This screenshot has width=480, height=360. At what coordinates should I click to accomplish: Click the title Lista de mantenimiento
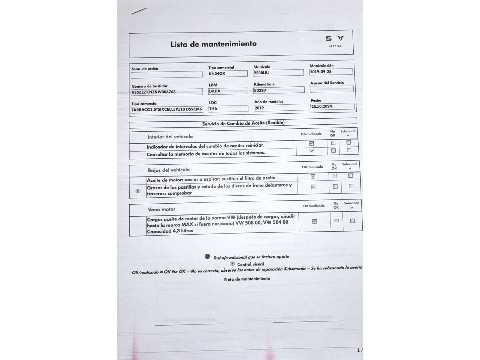[213, 44]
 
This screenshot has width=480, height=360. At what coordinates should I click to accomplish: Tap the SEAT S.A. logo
[335, 41]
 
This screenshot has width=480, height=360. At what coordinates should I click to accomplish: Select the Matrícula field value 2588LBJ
[278, 73]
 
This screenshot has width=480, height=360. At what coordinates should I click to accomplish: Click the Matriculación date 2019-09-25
[331, 72]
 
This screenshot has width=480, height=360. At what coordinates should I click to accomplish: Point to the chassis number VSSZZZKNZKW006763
[167, 92]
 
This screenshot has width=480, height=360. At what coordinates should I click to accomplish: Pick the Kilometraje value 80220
[279, 90]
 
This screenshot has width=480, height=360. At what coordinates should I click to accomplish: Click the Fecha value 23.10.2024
[332, 107]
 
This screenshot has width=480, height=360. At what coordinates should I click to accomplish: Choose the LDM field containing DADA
[228, 91]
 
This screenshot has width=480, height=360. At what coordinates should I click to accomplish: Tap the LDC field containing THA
[228, 109]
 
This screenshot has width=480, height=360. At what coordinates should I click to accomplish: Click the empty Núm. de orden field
[166, 74]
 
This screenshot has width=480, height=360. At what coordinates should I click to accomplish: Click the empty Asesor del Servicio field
[331, 89]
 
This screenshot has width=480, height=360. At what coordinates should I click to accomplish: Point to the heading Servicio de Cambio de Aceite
[243, 123]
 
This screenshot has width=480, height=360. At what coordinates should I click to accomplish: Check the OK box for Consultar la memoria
[312, 151]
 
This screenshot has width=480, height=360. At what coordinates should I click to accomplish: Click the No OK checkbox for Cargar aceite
[337, 221]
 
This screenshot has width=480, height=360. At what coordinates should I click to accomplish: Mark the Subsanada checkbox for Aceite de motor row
[350, 176]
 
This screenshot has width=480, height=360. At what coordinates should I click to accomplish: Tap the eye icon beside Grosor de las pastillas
[138, 191]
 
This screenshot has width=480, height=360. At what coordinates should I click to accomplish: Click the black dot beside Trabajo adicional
[207, 256]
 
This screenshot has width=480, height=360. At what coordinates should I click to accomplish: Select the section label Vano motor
[161, 209]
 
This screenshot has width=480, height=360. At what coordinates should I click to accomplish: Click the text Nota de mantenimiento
[247, 279]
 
